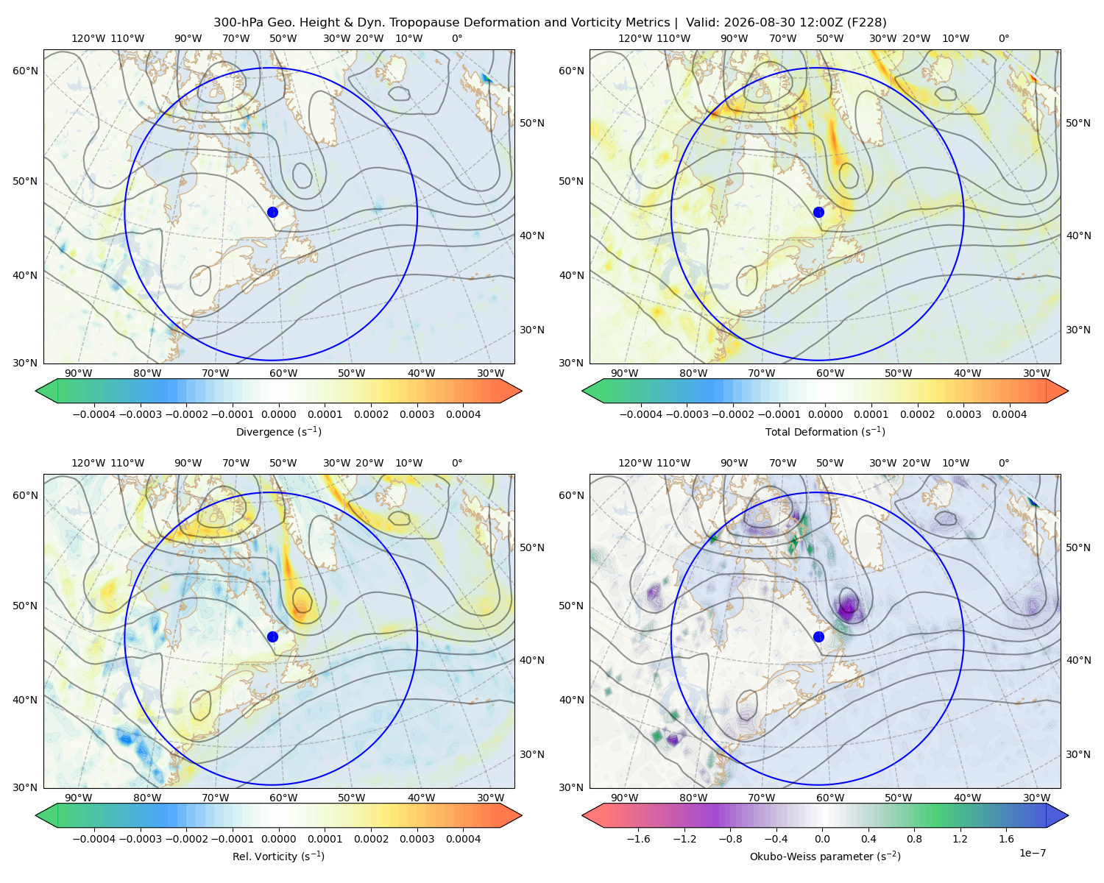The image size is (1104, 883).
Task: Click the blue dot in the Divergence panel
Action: click(x=272, y=212)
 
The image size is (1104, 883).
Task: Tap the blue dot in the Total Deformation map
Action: click(x=818, y=212)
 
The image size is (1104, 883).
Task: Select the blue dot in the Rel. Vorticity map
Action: click(x=272, y=636)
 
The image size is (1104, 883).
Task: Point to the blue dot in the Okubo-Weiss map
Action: click(x=818, y=636)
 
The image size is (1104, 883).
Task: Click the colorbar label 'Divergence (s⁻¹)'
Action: click(x=278, y=431)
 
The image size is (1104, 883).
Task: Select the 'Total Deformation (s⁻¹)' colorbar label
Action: click(x=825, y=431)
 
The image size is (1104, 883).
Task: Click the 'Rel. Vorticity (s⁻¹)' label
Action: click(x=278, y=857)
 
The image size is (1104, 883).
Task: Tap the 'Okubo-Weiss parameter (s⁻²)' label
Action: click(x=825, y=857)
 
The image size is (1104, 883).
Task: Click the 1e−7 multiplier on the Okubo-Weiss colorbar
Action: click(x=1032, y=854)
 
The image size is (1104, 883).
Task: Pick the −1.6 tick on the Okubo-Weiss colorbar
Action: click(x=638, y=839)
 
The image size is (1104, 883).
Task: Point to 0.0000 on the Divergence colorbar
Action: click(x=278, y=414)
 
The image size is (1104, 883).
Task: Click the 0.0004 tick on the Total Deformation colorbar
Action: click(x=1009, y=414)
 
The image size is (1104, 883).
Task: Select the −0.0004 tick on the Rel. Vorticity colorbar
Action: click(x=94, y=839)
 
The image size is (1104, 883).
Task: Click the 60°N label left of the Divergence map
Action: click(x=26, y=71)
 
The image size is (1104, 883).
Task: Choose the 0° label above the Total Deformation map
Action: click(x=1003, y=38)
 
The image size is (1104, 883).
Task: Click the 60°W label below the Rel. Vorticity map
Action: click(x=283, y=798)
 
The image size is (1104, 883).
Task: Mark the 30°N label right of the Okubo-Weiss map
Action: click(x=1078, y=754)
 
